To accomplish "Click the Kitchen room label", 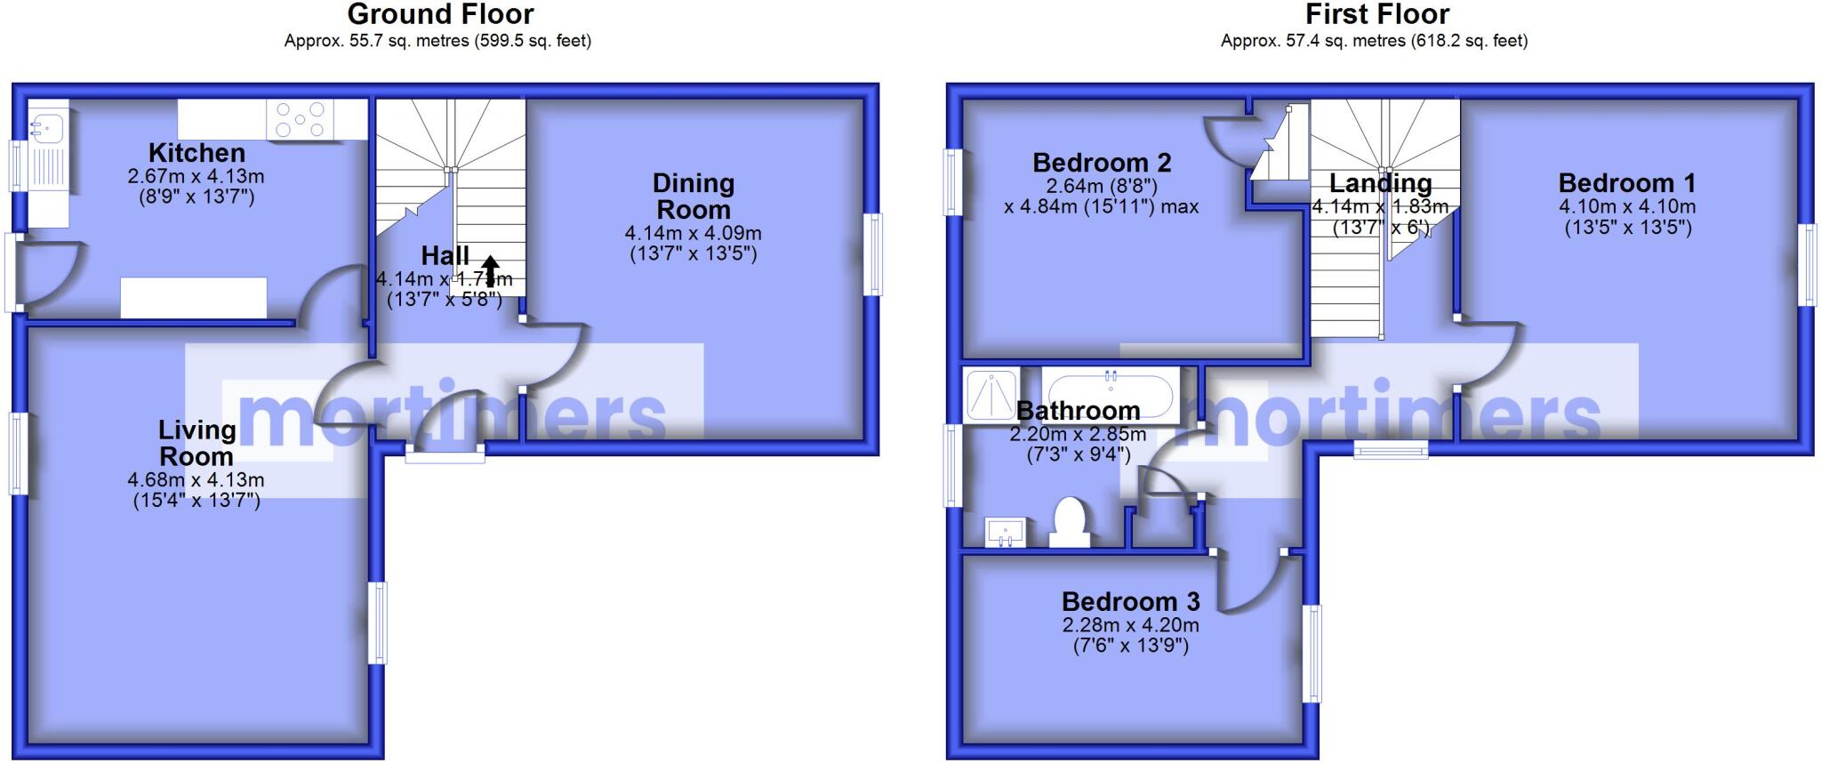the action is pyautogui.click(x=197, y=153).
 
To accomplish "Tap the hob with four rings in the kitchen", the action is pyautogui.click(x=301, y=120).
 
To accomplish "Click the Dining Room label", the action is pyautogui.click(x=694, y=197).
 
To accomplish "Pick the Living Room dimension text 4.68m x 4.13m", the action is pyautogui.click(x=196, y=480).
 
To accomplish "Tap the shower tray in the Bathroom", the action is pyautogui.click(x=991, y=394).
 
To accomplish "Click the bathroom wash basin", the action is pyautogui.click(x=1006, y=531).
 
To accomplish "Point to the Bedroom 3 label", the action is pyautogui.click(x=1130, y=602).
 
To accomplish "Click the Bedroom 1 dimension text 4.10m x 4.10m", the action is pyautogui.click(x=1627, y=206).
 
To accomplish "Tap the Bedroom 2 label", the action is pyautogui.click(x=1102, y=163).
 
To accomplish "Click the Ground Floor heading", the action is pyautogui.click(x=440, y=14).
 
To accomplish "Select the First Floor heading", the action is pyautogui.click(x=1377, y=14).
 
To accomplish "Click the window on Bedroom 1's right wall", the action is pyautogui.click(x=1809, y=265).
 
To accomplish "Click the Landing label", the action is pyautogui.click(x=1380, y=183).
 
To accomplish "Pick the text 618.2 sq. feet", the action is pyautogui.click(x=1466, y=40).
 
